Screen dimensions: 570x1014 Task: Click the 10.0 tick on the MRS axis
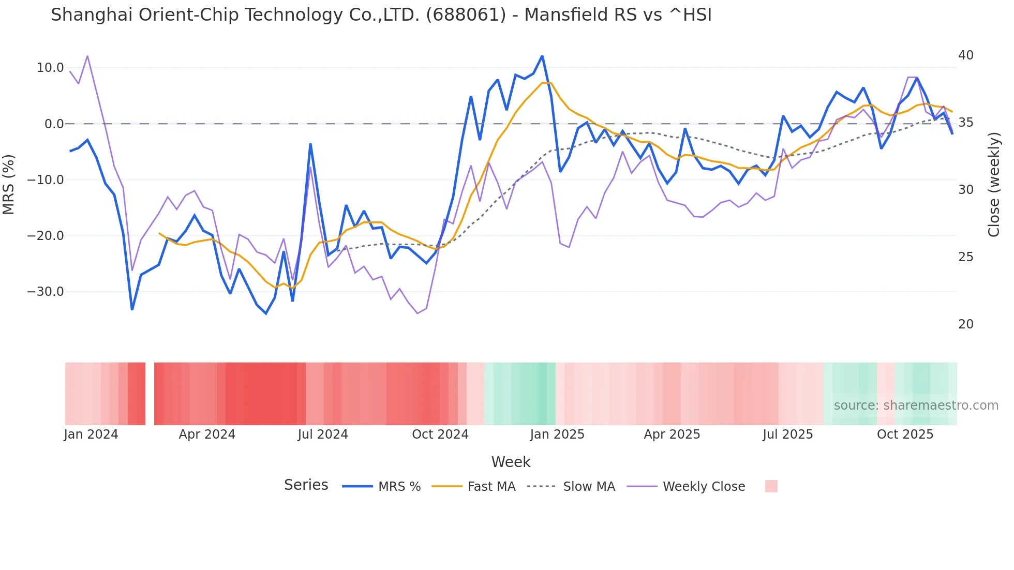pos(50,68)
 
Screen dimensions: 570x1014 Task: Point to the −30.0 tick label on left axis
pos(46,292)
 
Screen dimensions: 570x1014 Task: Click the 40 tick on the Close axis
pos(965,55)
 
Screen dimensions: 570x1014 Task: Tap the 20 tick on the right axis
pos(965,324)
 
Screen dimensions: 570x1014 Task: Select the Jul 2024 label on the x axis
pos(322,434)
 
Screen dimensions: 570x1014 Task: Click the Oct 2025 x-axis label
pos(905,434)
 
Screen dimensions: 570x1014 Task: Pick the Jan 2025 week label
pos(557,434)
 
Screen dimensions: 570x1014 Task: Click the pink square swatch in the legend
pos(771,486)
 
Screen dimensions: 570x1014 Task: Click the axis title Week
pos(511,462)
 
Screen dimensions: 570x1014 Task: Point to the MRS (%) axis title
pos(9,184)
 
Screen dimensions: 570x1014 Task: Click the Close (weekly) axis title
pos(993,184)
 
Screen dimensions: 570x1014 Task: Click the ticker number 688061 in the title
pos(466,15)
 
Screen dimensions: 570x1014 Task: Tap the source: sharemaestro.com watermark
pos(916,406)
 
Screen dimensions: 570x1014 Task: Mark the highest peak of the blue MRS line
pos(542,56)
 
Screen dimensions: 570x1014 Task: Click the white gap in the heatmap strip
pos(150,394)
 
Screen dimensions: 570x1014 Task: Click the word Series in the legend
pos(306,485)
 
